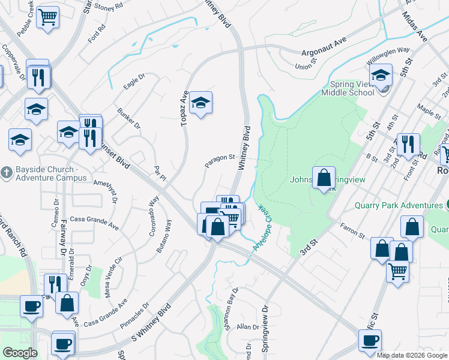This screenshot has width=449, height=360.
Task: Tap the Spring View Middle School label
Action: pos(348,88)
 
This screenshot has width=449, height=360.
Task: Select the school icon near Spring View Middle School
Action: pos(381,76)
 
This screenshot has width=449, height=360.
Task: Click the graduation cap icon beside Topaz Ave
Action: pos(201,103)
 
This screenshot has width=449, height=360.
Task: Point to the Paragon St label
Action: pos(219,160)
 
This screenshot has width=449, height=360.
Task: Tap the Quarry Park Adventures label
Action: pos(398,205)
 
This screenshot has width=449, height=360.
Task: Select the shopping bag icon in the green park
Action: pos(324,178)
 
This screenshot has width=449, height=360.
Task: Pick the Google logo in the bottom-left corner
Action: pos(20,353)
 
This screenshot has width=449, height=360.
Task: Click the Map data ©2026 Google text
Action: pos(412,355)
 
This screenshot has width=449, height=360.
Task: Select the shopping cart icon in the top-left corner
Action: pos(48,17)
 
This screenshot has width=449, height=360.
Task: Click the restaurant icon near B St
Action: pos(408,144)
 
